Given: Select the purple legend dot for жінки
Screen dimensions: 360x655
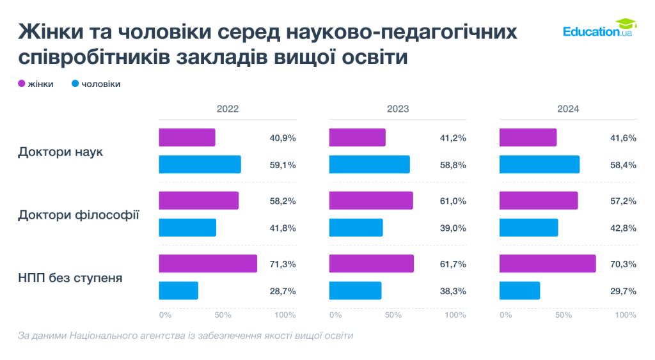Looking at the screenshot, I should [x=21, y=84].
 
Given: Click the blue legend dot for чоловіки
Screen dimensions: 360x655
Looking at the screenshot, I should [x=75, y=84].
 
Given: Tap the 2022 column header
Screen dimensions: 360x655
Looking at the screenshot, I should [x=227, y=109].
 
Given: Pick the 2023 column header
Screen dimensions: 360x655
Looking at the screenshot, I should [x=397, y=109].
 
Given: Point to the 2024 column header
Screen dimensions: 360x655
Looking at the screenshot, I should [x=567, y=109].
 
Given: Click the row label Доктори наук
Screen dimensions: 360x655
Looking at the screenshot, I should [x=60, y=152].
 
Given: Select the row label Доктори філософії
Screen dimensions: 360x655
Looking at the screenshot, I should [x=79, y=214].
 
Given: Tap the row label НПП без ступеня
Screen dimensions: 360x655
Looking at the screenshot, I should [x=70, y=278].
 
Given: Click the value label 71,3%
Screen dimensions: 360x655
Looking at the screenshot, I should [x=283, y=264].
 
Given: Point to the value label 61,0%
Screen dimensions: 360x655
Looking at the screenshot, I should [x=453, y=201].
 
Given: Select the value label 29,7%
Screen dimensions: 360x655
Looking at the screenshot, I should [x=623, y=291].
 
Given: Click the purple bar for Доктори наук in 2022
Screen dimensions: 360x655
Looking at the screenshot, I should [x=187, y=137].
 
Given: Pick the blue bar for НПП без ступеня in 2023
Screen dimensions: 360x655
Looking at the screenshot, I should [x=355, y=291].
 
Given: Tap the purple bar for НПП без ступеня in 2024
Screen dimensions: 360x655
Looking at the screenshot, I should [x=547, y=263].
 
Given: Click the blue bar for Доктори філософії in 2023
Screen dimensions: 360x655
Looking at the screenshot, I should [x=356, y=228].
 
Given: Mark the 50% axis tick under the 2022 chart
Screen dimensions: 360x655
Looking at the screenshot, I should [x=222, y=315].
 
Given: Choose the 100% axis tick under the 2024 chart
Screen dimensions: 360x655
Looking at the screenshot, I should [x=626, y=315].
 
